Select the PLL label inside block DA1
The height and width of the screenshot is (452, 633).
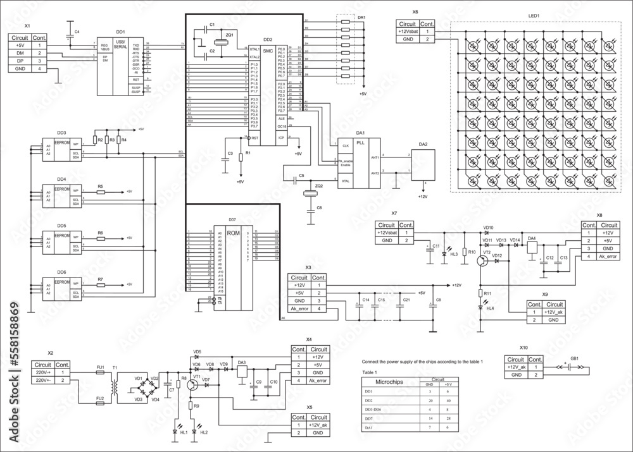pyautogui.click(x=361, y=144)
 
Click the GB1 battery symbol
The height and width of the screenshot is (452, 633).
pyautogui.click(x=574, y=366)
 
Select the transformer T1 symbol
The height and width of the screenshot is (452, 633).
pyautogui.click(x=116, y=386)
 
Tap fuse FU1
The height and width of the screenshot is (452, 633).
pyautogui.click(x=100, y=373)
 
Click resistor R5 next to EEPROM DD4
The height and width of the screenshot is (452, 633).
pyautogui.click(x=100, y=191)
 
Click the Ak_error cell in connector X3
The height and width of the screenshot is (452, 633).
pyautogui.click(x=302, y=308)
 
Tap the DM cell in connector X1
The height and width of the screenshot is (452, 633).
pyautogui.click(x=20, y=53)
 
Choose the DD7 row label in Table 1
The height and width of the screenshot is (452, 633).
pyautogui.click(x=368, y=418)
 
